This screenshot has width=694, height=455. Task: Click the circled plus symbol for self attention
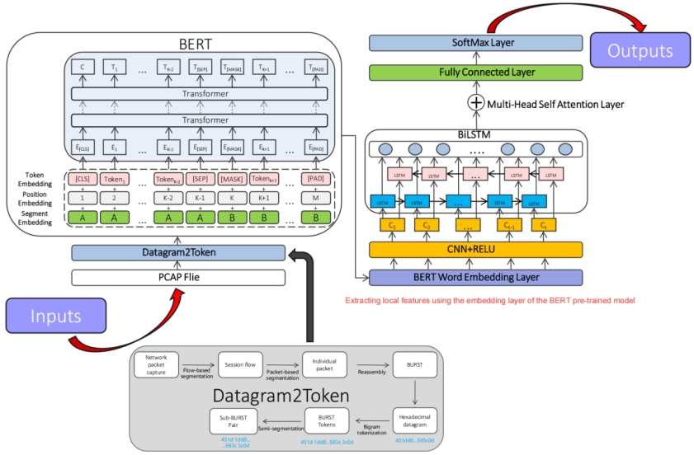pos(475,103)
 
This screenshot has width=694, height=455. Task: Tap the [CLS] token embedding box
pos(82,180)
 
